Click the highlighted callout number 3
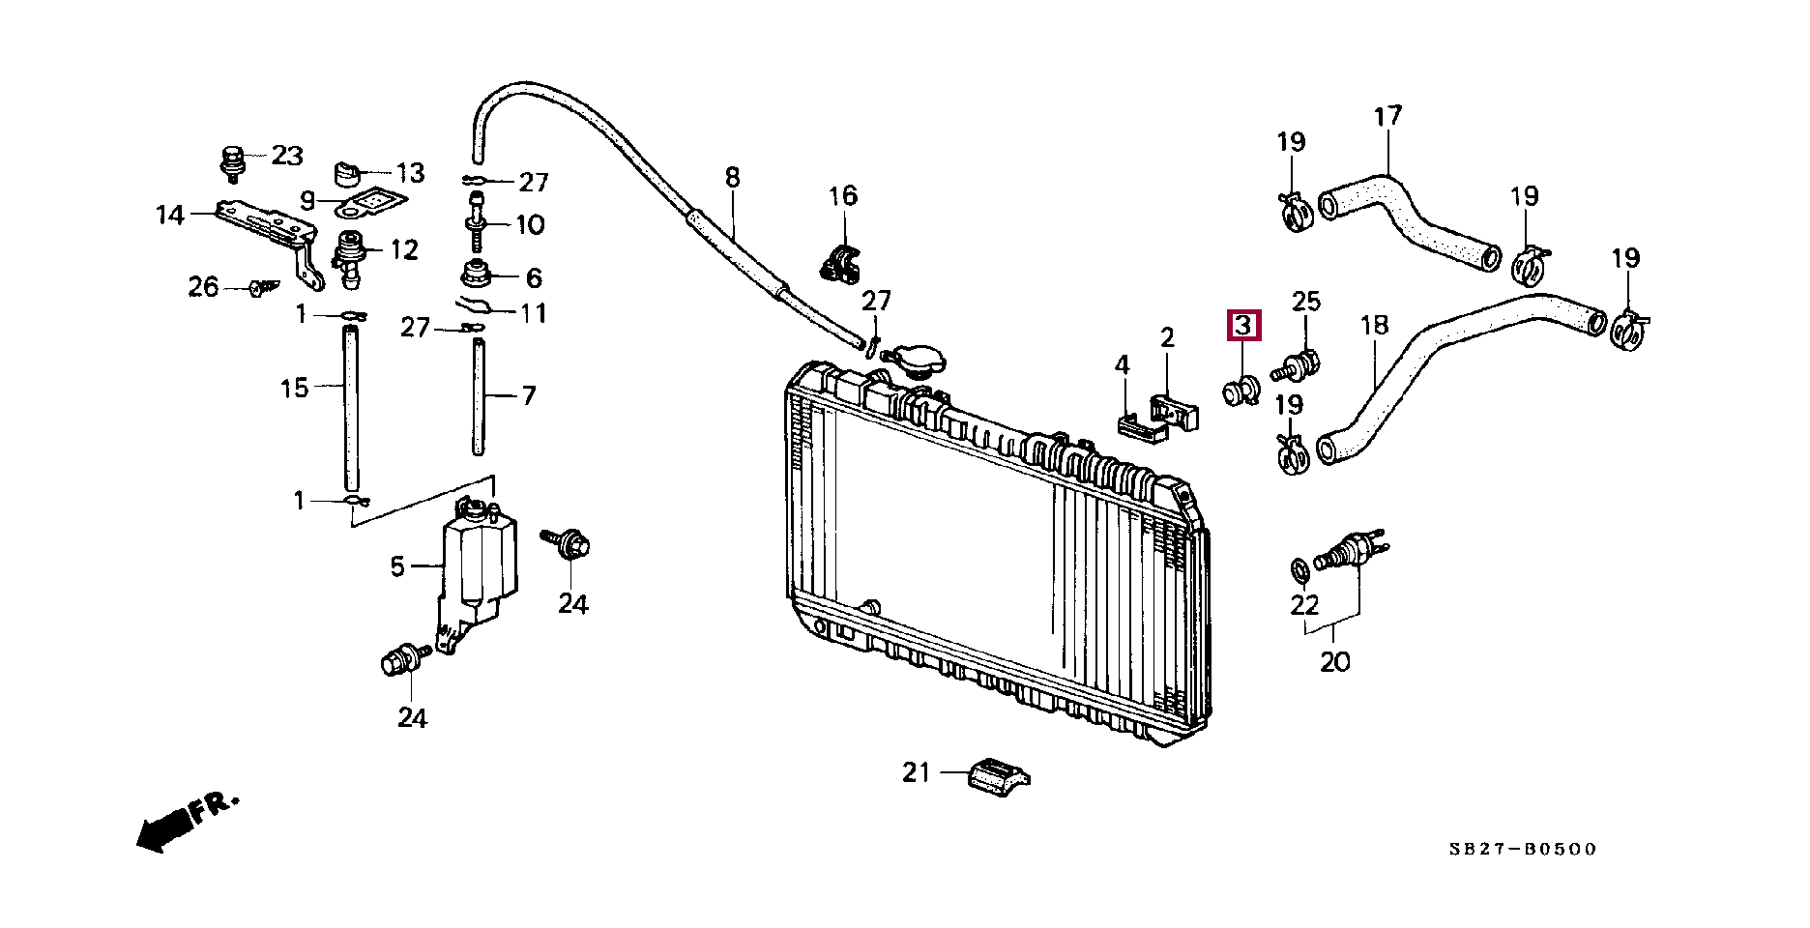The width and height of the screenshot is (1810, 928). pos(1243,326)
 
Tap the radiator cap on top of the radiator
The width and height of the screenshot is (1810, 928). pos(913,362)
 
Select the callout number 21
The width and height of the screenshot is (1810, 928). pos(916,772)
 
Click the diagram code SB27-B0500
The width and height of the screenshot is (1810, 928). pos(1523,849)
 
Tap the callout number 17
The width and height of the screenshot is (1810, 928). pos(1387,116)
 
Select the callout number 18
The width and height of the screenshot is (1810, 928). pos(1374,326)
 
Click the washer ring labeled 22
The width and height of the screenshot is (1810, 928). pos(1300,570)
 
